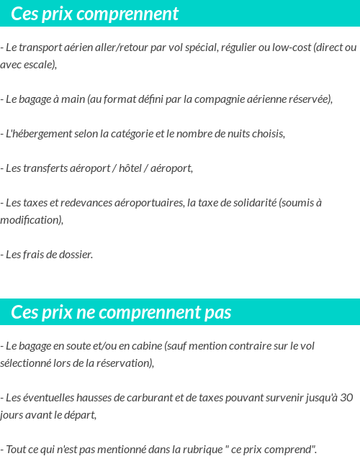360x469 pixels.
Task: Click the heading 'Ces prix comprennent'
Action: (x=95, y=14)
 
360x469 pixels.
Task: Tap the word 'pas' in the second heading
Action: (x=216, y=312)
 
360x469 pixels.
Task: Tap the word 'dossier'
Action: (x=74, y=255)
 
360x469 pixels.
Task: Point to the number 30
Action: (x=346, y=398)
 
